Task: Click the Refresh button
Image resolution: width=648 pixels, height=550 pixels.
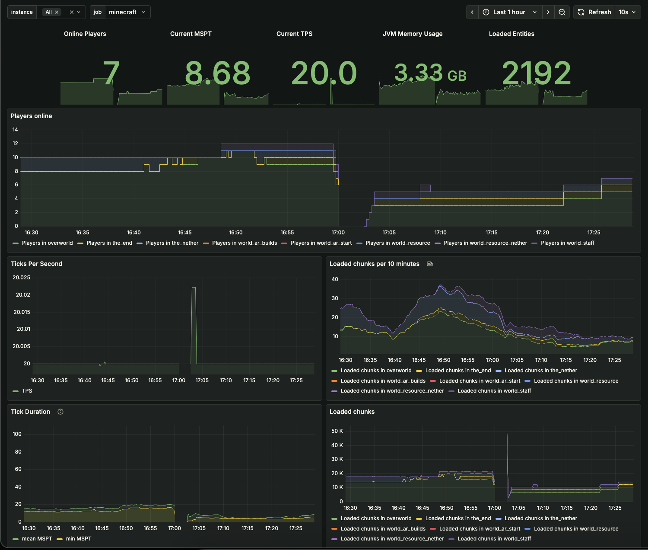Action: click(595, 12)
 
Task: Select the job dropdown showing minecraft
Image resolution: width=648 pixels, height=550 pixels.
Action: click(127, 12)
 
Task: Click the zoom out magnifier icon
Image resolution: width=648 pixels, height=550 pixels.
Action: click(562, 12)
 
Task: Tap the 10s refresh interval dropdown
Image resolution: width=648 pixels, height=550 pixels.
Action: click(627, 12)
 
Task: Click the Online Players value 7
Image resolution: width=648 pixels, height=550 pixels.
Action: click(111, 73)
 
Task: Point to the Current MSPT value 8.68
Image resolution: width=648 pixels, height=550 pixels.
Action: click(217, 73)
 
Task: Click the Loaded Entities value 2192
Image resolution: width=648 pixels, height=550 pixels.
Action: click(536, 73)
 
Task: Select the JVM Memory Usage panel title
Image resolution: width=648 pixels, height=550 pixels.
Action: click(412, 34)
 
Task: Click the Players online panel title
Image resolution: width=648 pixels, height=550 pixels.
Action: click(31, 116)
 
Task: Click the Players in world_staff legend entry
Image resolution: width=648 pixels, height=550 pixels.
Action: click(567, 243)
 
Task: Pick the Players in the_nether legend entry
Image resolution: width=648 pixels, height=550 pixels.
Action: click(172, 243)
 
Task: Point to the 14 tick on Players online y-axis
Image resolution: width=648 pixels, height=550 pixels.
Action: click(15, 130)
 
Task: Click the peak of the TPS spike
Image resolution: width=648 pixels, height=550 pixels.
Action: click(194, 288)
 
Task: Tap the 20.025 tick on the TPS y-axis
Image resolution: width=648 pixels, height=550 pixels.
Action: click(21, 278)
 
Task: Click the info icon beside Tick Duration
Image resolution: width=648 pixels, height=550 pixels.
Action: click(60, 412)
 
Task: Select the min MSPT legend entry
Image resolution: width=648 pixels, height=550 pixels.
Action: click(78, 539)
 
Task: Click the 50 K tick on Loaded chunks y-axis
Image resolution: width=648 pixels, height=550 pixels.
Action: click(337, 431)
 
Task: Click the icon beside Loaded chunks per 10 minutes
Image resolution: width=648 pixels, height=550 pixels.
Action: click(429, 264)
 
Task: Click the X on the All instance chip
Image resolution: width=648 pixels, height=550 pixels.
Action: click(57, 12)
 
